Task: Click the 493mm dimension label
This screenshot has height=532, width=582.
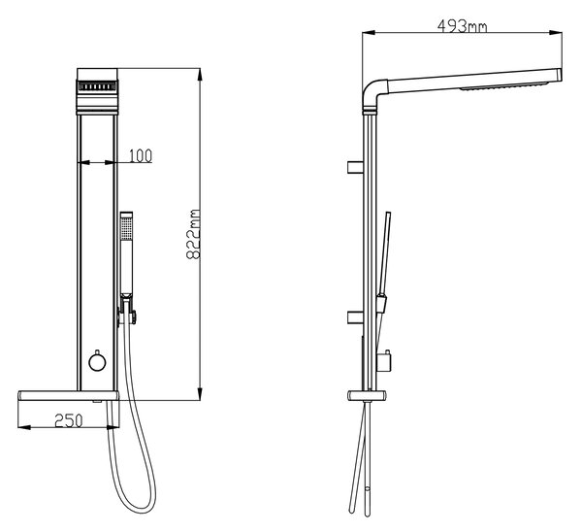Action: (462, 25)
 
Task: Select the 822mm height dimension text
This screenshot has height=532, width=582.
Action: (193, 234)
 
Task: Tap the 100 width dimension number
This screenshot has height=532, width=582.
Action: (141, 156)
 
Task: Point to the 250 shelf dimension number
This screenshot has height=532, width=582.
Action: (69, 420)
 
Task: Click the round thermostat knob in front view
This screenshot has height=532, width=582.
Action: (97, 362)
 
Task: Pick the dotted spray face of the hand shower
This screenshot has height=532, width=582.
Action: (126, 228)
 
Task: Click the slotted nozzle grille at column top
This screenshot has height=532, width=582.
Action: (97, 86)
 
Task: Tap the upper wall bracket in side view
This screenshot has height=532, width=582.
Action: (355, 167)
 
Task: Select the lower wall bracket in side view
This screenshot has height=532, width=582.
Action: (355, 317)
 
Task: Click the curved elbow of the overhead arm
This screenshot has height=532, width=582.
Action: (372, 90)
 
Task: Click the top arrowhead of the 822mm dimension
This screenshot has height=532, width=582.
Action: (200, 75)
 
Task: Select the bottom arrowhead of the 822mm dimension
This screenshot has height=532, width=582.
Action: (200, 394)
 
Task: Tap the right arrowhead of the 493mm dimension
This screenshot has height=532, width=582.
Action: (556, 33)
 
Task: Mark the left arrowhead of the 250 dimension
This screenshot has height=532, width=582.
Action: (24, 427)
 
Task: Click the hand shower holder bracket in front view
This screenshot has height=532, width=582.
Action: (127, 311)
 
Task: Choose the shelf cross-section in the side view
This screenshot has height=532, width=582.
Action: (367, 396)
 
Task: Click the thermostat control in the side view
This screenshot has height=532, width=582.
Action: (384, 360)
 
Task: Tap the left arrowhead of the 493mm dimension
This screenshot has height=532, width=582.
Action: (369, 33)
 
